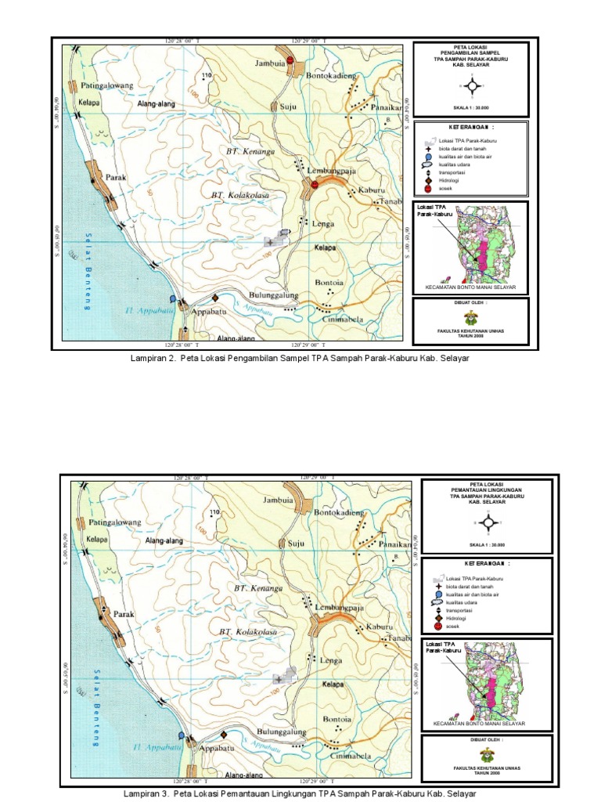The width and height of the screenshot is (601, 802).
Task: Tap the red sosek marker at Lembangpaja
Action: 314,183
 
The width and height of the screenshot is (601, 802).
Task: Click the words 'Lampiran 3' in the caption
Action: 147,793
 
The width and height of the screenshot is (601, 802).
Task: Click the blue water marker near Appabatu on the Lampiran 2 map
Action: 172,298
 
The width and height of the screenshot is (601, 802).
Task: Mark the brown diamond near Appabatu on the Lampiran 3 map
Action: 224,735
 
